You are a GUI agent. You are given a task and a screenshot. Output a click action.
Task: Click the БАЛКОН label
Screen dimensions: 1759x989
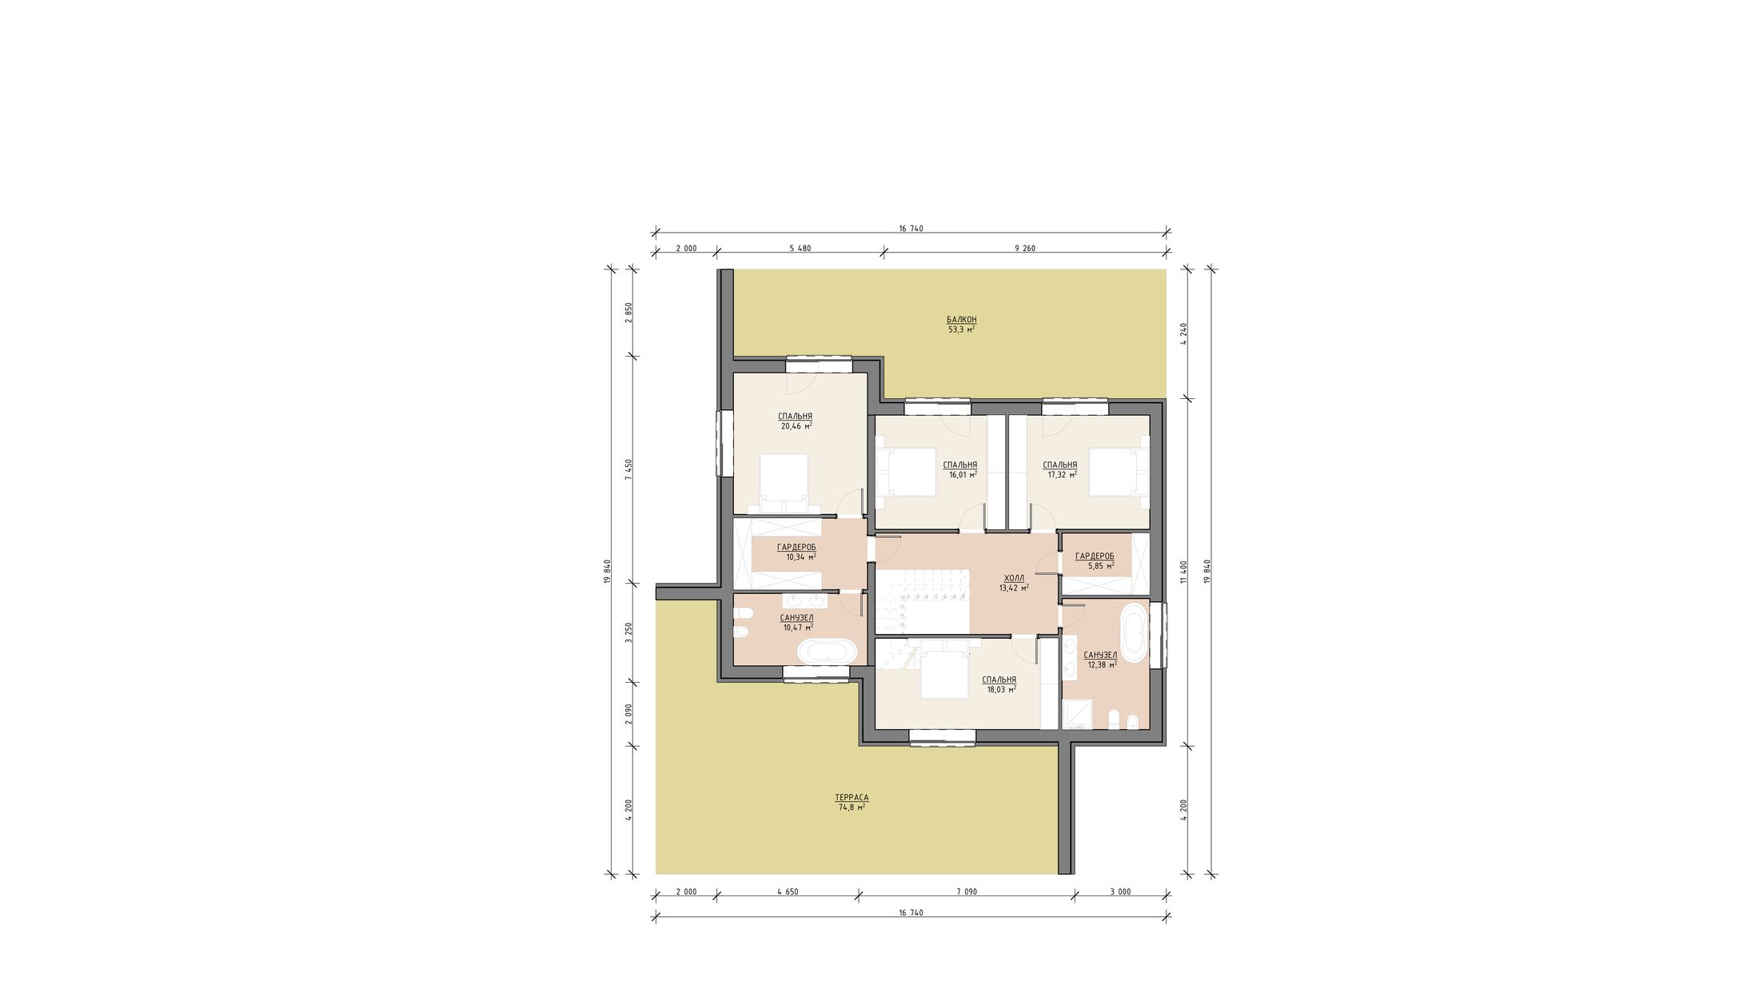(x=961, y=320)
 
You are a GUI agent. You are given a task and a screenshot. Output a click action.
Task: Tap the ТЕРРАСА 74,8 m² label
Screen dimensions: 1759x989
(x=852, y=803)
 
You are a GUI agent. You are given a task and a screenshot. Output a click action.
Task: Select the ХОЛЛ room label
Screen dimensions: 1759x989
(x=1014, y=578)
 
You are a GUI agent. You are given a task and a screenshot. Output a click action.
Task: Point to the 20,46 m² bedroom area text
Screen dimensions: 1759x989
(x=796, y=426)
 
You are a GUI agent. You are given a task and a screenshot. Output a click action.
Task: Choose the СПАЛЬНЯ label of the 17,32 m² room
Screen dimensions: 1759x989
(x=1060, y=465)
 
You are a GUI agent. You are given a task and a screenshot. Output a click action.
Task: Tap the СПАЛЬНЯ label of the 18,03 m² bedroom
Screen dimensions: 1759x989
(x=999, y=680)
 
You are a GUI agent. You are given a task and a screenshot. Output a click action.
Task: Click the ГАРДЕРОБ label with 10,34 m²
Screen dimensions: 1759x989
(x=796, y=548)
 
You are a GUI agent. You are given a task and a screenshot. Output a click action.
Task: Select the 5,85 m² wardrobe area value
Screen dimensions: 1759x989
(x=1101, y=565)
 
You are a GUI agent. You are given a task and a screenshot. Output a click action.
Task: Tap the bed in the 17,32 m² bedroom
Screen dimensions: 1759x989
(x=1117, y=473)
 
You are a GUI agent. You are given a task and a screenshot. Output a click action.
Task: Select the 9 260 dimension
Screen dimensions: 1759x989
(x=1025, y=248)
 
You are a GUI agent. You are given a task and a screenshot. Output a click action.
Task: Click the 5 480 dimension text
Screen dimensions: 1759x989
(x=800, y=248)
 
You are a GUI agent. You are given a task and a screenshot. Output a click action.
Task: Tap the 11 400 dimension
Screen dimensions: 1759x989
(x=1183, y=572)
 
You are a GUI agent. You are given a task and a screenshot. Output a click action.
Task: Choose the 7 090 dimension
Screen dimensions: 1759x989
(x=966, y=891)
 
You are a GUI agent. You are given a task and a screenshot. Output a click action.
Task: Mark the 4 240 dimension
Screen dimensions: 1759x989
(x=1183, y=333)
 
